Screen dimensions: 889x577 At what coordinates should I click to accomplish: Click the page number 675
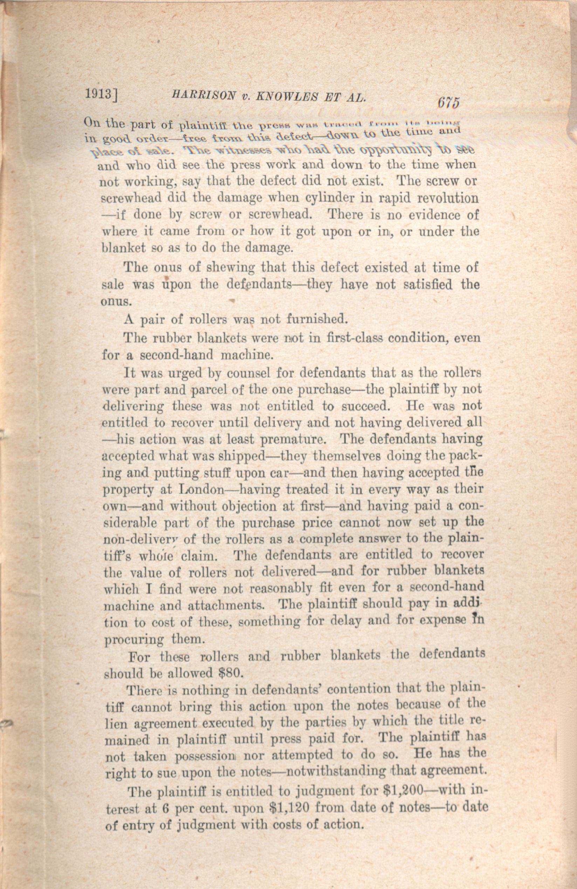click(447, 103)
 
